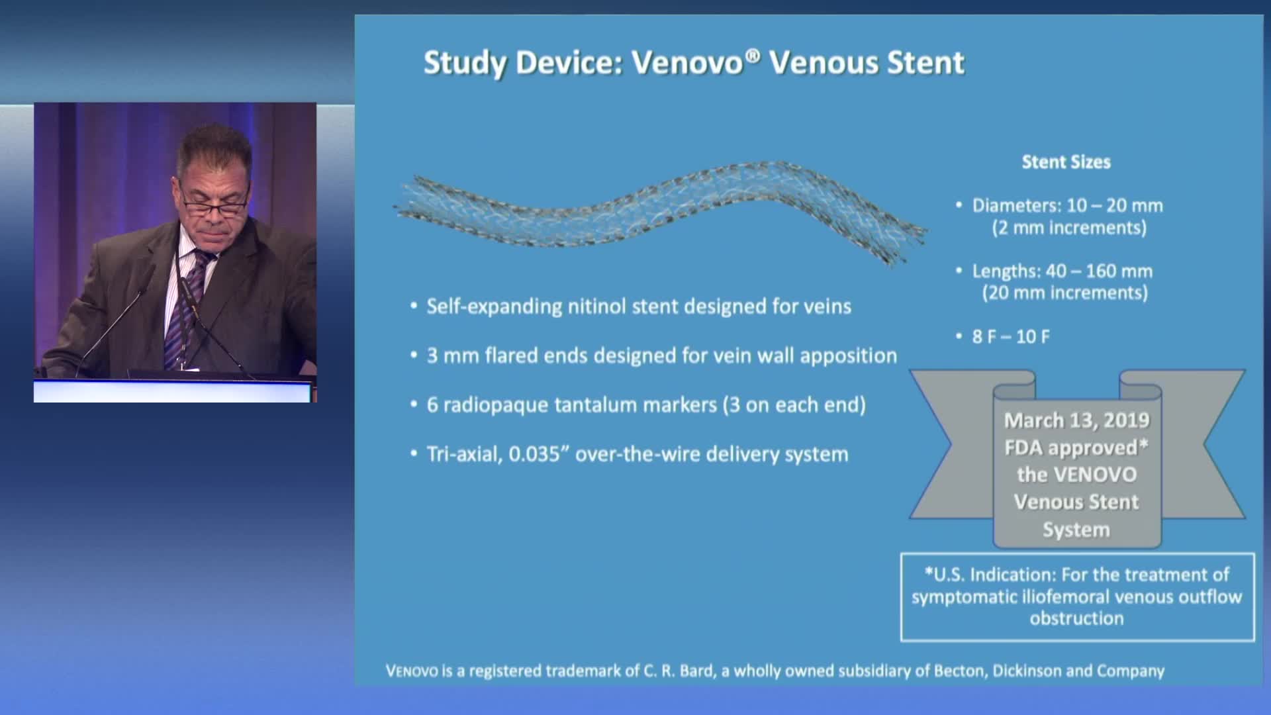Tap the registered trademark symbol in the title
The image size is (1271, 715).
752,55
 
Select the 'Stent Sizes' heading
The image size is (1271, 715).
1066,162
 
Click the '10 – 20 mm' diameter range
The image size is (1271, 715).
1115,206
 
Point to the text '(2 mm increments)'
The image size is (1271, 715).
1069,228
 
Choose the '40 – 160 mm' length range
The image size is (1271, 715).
1099,271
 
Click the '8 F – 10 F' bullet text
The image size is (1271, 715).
1011,337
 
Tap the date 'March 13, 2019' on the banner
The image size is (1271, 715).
1076,420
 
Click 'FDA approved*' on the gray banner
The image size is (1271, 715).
1076,448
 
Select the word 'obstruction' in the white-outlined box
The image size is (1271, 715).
1076,618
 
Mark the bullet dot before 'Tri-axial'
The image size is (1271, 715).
414,455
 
